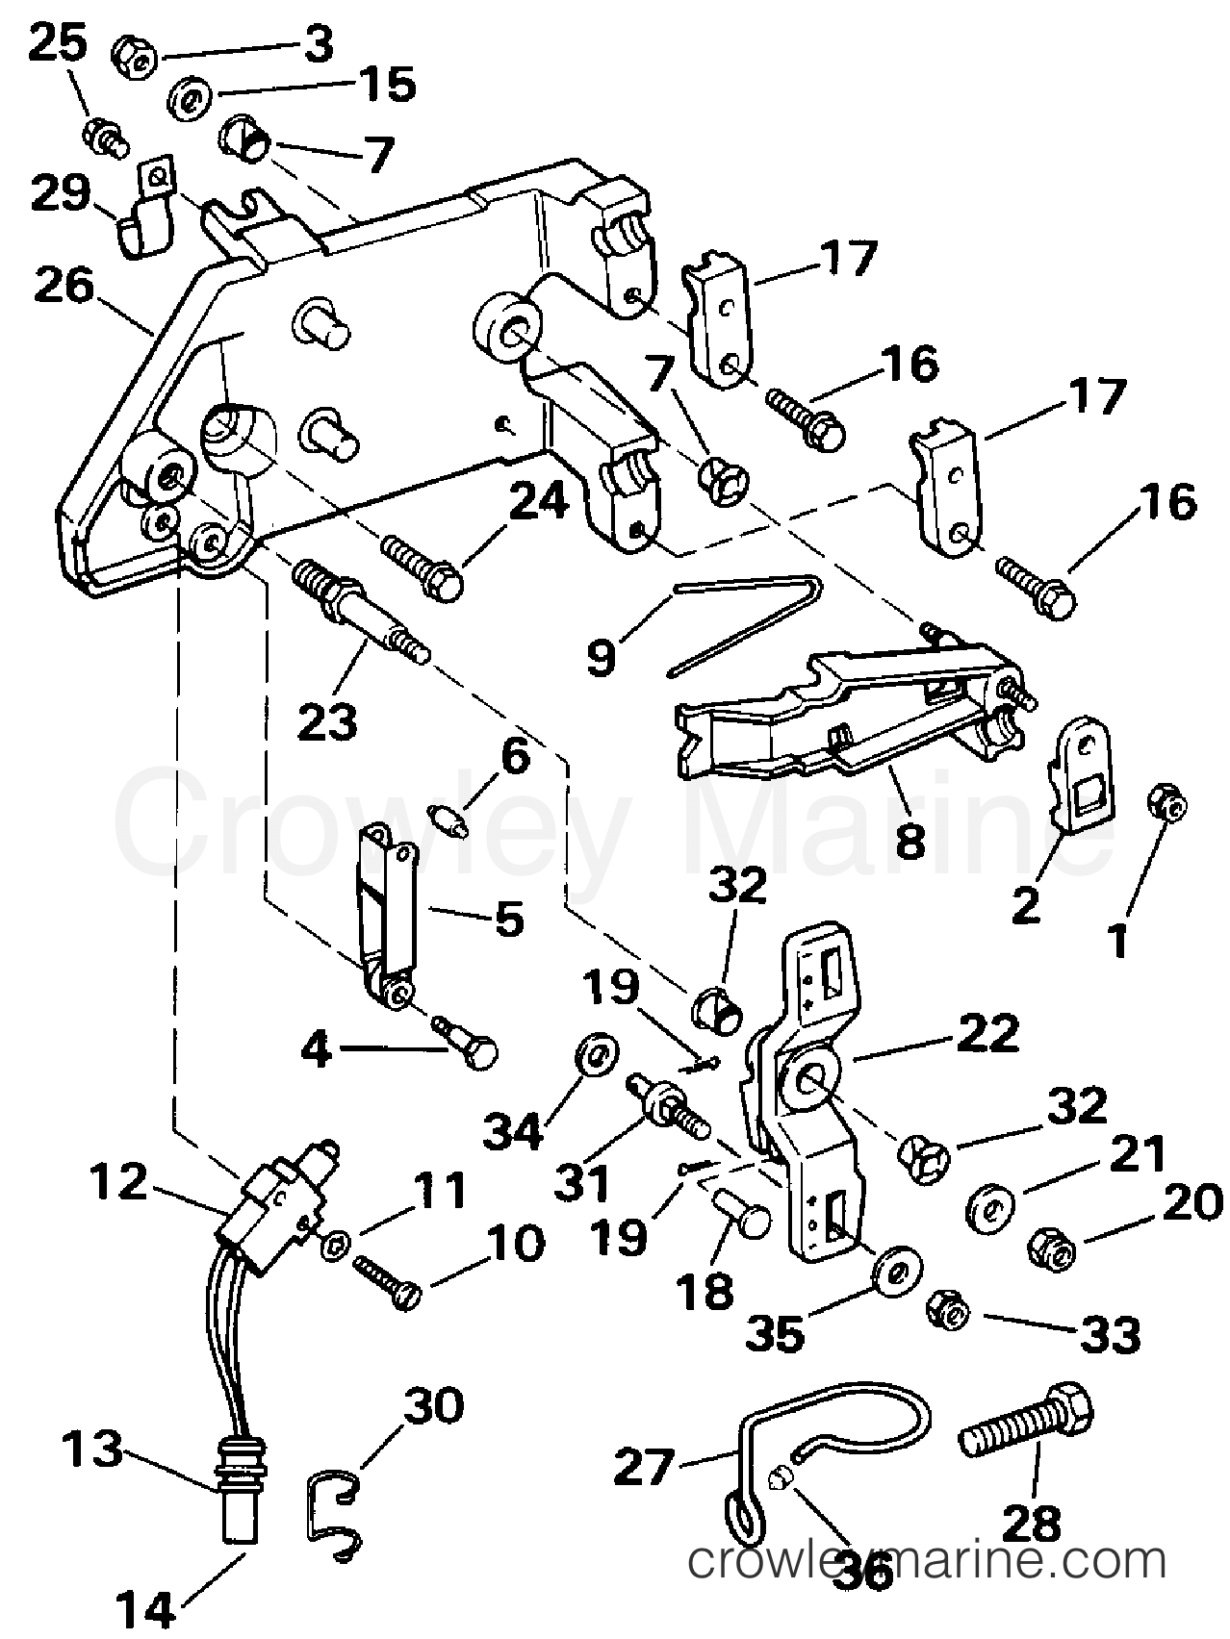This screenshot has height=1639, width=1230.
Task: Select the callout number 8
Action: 909,836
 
